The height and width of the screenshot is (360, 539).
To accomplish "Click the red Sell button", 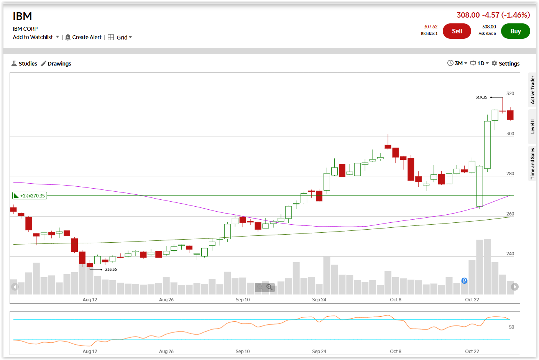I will [x=457, y=31].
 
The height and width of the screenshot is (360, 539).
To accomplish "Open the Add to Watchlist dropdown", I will [x=36, y=37].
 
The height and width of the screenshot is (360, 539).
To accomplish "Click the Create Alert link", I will [x=84, y=37].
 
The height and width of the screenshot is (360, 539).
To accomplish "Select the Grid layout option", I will [x=120, y=37].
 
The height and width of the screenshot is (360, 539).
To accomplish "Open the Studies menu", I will [x=25, y=64].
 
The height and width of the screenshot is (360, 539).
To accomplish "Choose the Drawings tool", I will [x=56, y=64].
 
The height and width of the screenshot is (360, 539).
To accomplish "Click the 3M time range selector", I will [x=457, y=63].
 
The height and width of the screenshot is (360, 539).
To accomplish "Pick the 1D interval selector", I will [x=480, y=63].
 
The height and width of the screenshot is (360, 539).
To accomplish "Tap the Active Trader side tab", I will [x=532, y=90].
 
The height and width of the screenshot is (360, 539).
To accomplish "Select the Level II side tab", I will [x=532, y=127].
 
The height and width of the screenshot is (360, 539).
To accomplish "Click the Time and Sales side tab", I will [x=532, y=164].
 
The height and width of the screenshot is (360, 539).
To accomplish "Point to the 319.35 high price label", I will [x=481, y=97].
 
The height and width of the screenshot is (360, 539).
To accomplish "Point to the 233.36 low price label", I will [x=111, y=270].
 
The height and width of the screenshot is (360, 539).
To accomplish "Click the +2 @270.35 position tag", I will [x=30, y=196].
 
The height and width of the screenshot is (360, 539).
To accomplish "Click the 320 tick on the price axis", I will [x=510, y=94].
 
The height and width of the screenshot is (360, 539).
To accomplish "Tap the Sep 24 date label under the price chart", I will [x=319, y=300].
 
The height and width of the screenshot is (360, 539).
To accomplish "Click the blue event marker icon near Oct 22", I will [x=464, y=281].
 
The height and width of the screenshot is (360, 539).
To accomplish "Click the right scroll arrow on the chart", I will [x=515, y=287].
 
